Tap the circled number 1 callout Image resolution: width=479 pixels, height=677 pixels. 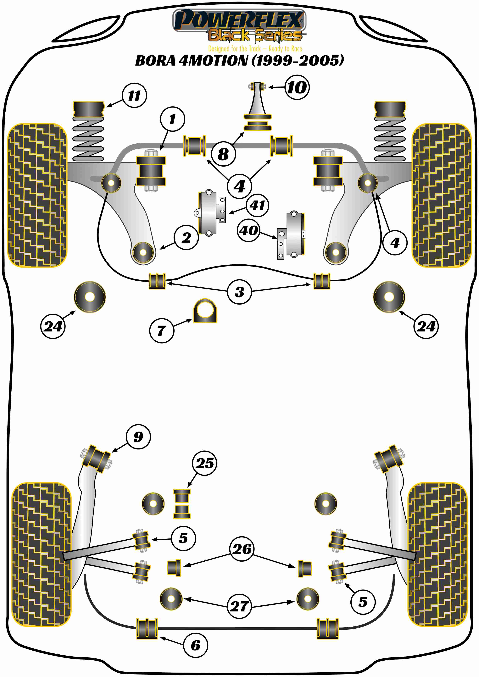click(x=173, y=119)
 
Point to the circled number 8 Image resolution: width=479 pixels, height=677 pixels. click(x=223, y=154)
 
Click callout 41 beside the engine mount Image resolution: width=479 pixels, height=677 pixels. click(x=257, y=205)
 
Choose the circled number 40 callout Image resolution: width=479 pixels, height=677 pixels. click(x=249, y=230)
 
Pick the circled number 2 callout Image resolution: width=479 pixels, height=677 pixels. click(x=186, y=237)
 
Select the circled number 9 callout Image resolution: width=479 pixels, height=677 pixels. click(x=138, y=437)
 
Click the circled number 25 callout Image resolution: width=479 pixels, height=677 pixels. click(x=204, y=463)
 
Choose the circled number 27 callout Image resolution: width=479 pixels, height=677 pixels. click(x=239, y=606)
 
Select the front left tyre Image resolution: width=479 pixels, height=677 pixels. click(x=37, y=195)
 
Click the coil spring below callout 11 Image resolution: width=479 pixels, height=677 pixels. click(x=88, y=139)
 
